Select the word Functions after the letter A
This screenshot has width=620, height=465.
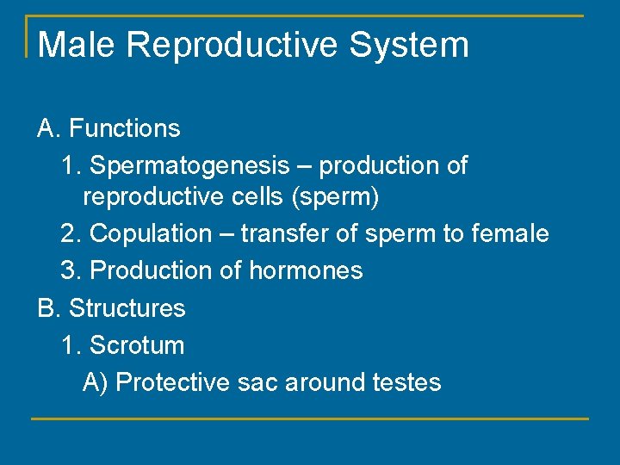125,129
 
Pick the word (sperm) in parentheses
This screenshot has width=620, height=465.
335,198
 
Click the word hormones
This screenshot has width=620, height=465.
306,270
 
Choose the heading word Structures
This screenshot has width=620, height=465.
127,308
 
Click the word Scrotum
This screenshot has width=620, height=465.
137,345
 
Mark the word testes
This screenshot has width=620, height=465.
407,382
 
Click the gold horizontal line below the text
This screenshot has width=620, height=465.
310,419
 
